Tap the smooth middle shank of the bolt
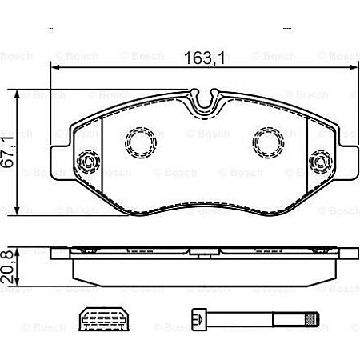click(240, 319)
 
